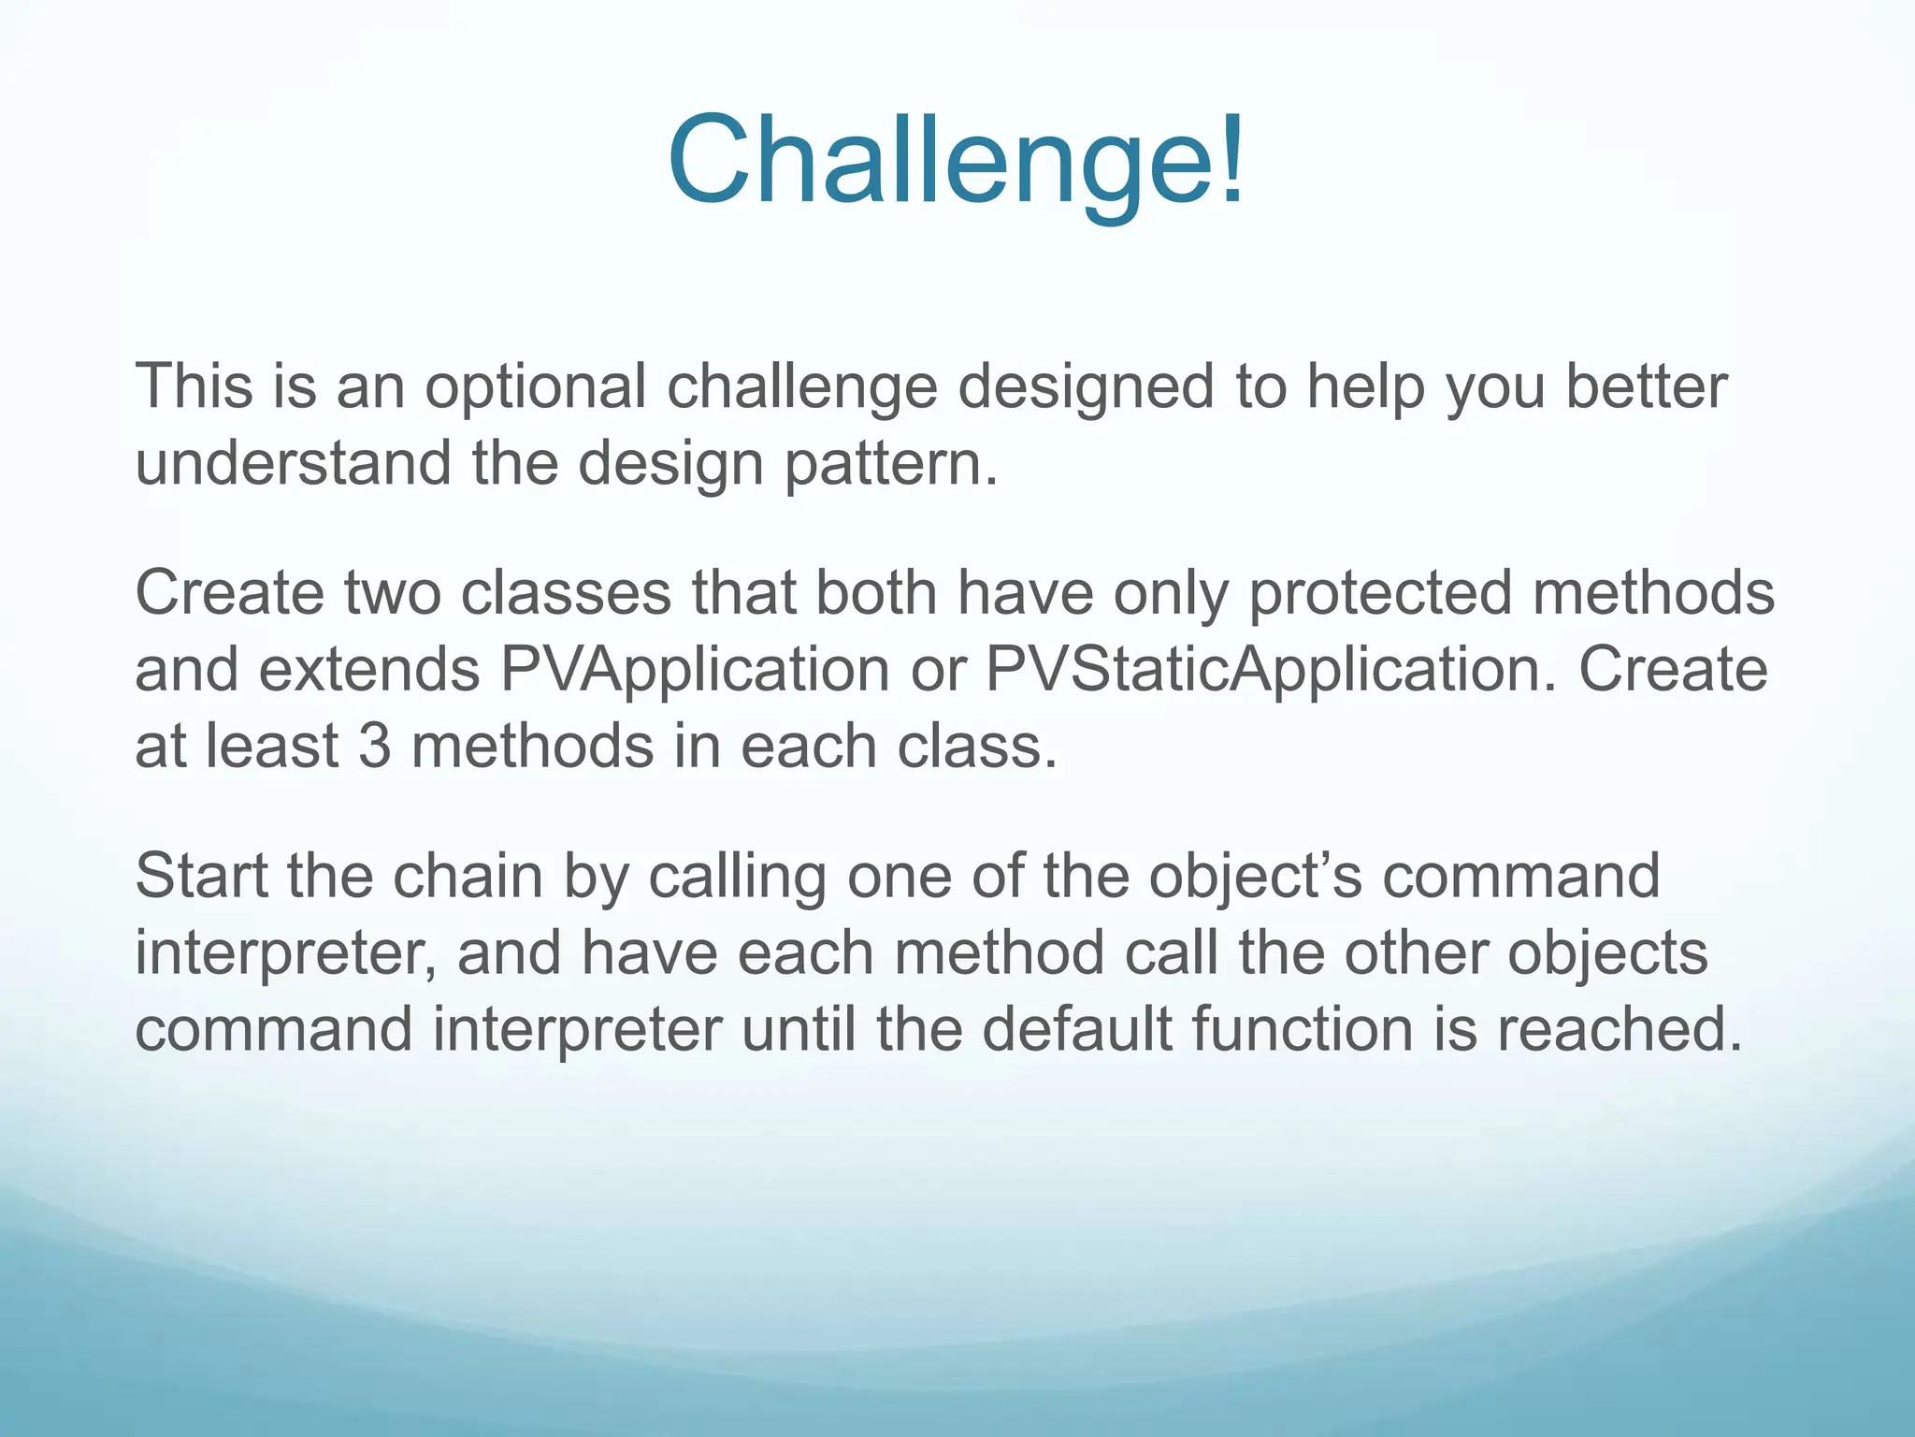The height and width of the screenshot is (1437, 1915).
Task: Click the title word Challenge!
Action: click(x=956, y=161)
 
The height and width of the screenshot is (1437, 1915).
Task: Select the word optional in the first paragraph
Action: click(x=535, y=386)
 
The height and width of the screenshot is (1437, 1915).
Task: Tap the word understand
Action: click(x=293, y=463)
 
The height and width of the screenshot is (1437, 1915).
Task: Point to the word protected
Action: click(x=1380, y=594)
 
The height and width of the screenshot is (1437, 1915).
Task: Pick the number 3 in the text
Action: click(x=373, y=748)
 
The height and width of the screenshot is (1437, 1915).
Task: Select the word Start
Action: click(x=201, y=877)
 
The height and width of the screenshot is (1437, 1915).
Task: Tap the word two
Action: click(x=392, y=594)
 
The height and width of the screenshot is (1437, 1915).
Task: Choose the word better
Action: click(x=1646, y=386)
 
